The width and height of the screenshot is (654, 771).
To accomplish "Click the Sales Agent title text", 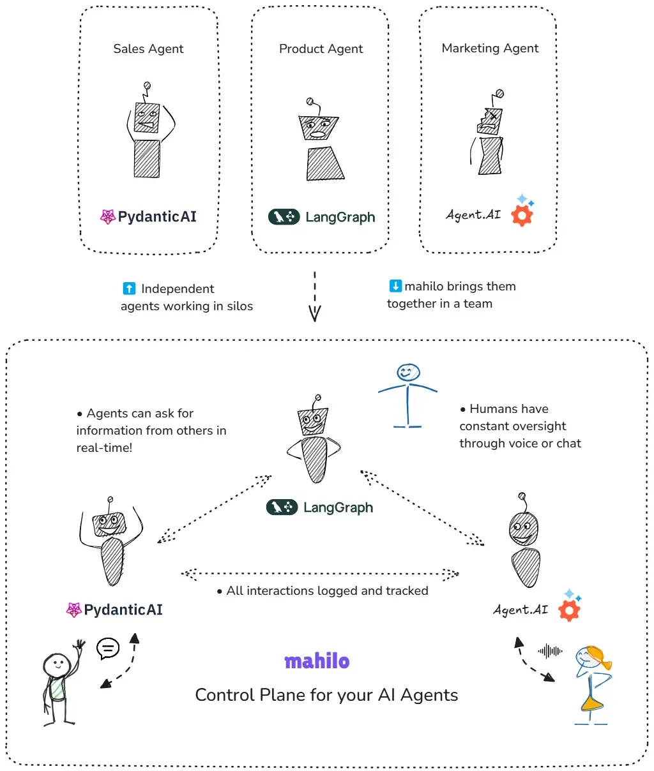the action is [148, 49].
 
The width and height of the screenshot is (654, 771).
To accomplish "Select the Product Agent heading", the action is [321, 49].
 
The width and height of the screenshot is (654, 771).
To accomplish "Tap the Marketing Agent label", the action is [490, 49].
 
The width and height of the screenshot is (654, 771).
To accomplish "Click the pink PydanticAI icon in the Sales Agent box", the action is [107, 217].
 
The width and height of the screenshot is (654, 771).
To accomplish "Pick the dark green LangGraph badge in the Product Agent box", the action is [284, 217].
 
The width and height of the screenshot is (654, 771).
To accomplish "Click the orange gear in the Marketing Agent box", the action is [522, 216].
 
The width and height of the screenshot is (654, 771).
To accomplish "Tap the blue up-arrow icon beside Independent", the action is [129, 288].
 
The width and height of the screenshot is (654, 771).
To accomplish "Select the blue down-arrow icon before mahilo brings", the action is [395, 286].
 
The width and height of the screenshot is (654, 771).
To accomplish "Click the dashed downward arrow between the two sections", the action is [315, 297].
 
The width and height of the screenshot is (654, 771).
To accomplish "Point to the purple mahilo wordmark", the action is [317, 661].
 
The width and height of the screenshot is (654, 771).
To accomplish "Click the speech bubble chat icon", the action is [108, 648].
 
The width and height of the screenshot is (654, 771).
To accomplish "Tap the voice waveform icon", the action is [550, 651].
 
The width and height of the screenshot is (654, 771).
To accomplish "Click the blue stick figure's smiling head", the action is [408, 372].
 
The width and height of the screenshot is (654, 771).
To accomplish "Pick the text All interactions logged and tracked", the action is [327, 591].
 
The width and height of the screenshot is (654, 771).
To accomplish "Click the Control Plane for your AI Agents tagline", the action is [326, 695].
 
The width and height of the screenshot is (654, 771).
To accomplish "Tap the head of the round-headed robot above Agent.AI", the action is [523, 529].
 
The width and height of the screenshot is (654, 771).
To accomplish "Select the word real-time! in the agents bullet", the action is [104, 447].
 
